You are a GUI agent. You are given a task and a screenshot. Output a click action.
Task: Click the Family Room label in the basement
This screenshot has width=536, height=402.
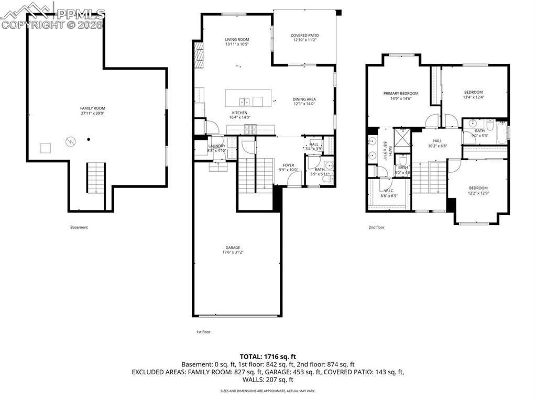click(x=93, y=108)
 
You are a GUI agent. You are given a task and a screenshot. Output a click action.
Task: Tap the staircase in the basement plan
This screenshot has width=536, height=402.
click(x=96, y=178)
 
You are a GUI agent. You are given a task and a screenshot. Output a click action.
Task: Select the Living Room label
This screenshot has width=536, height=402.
click(x=237, y=39)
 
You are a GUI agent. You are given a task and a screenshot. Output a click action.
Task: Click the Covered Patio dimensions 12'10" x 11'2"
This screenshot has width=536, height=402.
click(x=304, y=40)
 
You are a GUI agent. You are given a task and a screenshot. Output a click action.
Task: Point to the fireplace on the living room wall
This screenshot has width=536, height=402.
click(x=199, y=55)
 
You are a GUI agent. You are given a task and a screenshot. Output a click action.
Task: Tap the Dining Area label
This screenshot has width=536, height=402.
click(x=304, y=99)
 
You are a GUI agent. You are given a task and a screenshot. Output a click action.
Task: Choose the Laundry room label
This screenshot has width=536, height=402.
click(x=216, y=146)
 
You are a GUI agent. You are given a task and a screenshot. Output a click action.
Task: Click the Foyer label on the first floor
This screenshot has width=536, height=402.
click(x=289, y=165)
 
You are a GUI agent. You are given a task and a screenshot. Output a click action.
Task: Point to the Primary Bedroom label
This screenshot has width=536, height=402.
click(x=401, y=93)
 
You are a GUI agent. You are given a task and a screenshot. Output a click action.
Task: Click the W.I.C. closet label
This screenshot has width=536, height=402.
click(x=389, y=191)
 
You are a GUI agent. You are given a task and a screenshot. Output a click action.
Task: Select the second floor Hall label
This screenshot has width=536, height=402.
click(x=437, y=141)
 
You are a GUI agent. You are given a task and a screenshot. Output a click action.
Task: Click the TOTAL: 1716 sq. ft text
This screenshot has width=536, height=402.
click(x=268, y=356)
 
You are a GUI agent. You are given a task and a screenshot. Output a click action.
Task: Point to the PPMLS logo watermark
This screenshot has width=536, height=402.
click(x=52, y=14)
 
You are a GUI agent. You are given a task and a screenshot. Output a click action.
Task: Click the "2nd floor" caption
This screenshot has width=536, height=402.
click(x=376, y=227)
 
